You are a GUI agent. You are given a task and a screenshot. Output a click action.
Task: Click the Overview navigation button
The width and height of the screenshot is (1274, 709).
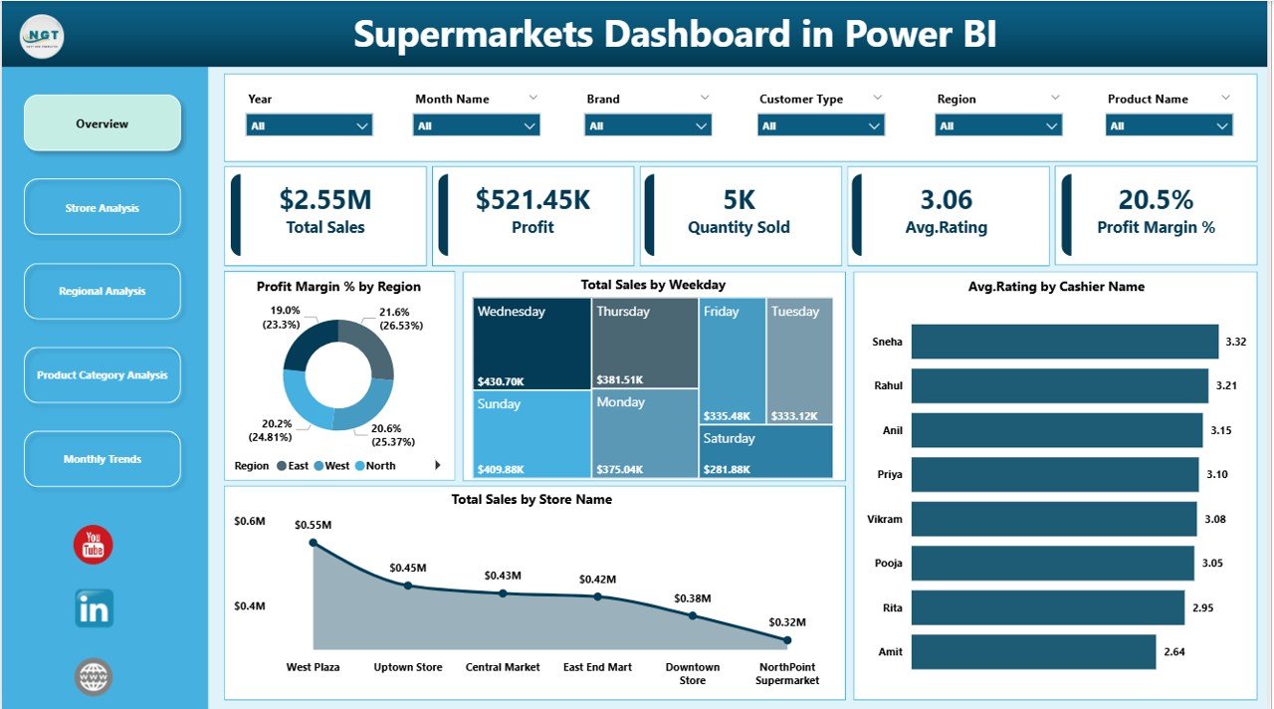(x=103, y=123)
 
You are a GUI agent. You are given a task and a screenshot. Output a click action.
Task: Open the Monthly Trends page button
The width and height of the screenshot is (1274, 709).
(x=103, y=459)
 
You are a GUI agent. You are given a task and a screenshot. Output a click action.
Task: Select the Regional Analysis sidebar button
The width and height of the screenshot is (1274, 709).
(x=103, y=292)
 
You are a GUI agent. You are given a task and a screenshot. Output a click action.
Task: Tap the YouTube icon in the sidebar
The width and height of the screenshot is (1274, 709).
(x=94, y=545)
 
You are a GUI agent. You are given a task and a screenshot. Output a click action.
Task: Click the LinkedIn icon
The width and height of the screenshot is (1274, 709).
(x=94, y=608)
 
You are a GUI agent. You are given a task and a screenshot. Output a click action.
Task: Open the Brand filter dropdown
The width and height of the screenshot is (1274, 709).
(x=648, y=125)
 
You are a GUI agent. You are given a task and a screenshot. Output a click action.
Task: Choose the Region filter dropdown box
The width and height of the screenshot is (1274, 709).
(x=998, y=125)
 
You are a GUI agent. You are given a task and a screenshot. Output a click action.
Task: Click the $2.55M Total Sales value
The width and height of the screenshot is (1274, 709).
(x=326, y=200)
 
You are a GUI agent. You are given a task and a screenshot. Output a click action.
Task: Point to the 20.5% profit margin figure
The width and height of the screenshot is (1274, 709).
(x=1156, y=200)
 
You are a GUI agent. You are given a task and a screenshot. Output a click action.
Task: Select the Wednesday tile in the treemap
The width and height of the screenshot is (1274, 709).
(x=531, y=344)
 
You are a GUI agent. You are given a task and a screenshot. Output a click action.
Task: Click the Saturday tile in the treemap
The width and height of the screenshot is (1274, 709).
(x=765, y=451)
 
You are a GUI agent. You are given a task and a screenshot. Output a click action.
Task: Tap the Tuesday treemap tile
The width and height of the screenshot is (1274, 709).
(x=799, y=358)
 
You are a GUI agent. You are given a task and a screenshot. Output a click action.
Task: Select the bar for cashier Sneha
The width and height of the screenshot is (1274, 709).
(x=1064, y=342)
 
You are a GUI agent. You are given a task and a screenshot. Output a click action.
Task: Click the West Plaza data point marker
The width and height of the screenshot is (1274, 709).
(x=314, y=543)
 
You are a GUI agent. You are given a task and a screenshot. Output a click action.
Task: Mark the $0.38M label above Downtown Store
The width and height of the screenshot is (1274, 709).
(x=693, y=598)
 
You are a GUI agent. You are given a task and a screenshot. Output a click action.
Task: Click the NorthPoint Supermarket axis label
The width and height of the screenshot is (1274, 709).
(x=787, y=673)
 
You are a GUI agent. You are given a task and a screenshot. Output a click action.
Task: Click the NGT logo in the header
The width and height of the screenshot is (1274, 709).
(x=43, y=34)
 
